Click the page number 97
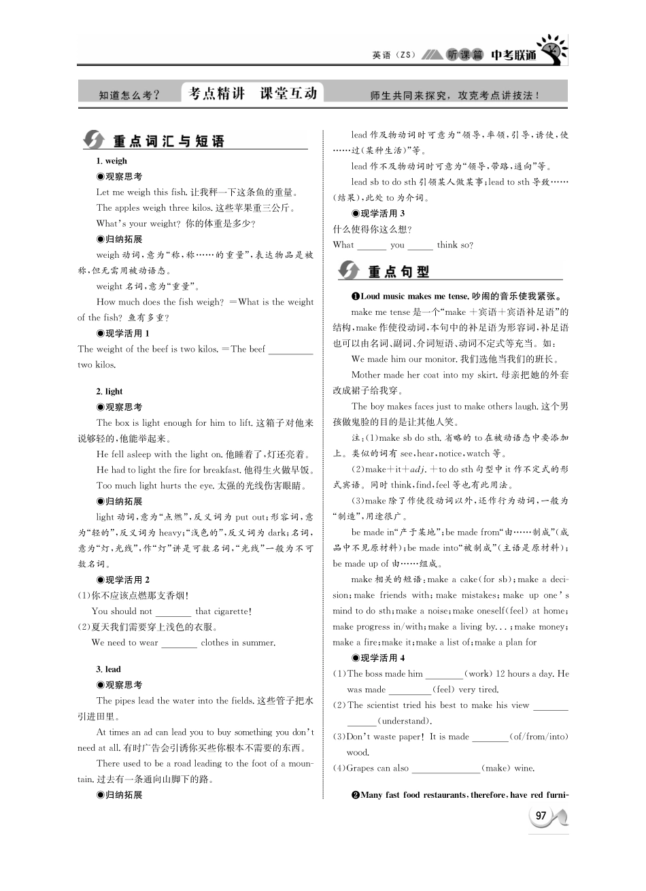click(x=541, y=816)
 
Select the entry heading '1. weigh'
click(x=112, y=161)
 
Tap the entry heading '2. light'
click(x=109, y=391)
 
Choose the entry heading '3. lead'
click(x=109, y=669)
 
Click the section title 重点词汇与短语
click(x=168, y=141)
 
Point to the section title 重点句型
click(x=398, y=271)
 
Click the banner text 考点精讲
click(x=216, y=94)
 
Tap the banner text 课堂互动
click(x=288, y=94)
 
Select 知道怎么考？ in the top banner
click(x=129, y=96)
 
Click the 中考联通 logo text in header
click(x=513, y=55)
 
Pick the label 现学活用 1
click(x=123, y=333)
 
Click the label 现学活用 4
click(x=378, y=658)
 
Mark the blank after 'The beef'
click(x=290, y=350)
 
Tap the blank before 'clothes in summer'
click(x=179, y=643)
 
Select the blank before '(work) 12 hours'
click(x=443, y=675)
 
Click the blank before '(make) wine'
click(x=445, y=769)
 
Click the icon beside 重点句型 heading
click(x=349, y=270)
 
